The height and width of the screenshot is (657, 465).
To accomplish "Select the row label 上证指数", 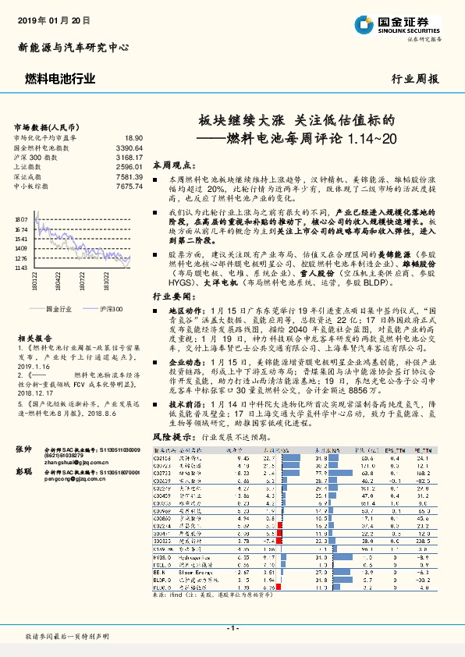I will click(28, 167).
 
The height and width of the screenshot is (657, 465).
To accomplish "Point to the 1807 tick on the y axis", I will click(20, 221).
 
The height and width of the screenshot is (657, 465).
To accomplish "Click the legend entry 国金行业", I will click(59, 310).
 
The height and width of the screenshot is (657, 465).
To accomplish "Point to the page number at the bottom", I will click(232, 628).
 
